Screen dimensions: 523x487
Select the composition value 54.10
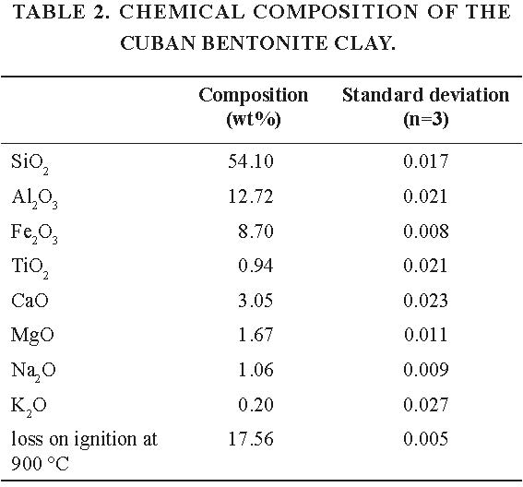coord(251,161)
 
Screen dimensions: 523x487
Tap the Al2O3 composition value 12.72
coord(251,196)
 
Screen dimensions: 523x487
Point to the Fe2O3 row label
coord(34,233)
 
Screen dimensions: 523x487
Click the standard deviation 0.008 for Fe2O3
coord(426,232)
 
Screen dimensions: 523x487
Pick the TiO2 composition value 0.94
coord(256,266)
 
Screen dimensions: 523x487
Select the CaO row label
coord(30,300)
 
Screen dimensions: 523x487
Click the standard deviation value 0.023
coord(425,300)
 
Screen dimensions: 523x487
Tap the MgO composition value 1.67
coord(256,335)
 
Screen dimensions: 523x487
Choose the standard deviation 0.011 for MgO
coord(425,335)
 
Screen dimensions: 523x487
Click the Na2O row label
coord(33,372)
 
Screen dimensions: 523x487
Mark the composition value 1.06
coord(256,370)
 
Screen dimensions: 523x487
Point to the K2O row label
coord(29,407)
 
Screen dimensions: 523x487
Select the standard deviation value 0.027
coord(425,404)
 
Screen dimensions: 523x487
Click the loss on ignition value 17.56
coord(251,439)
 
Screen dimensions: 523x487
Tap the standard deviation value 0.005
coord(425,439)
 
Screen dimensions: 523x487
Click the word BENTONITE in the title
coord(265,43)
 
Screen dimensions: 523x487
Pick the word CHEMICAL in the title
coord(182,12)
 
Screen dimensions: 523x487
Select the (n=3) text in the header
coord(425,119)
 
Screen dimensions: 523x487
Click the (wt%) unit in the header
coord(254,119)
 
